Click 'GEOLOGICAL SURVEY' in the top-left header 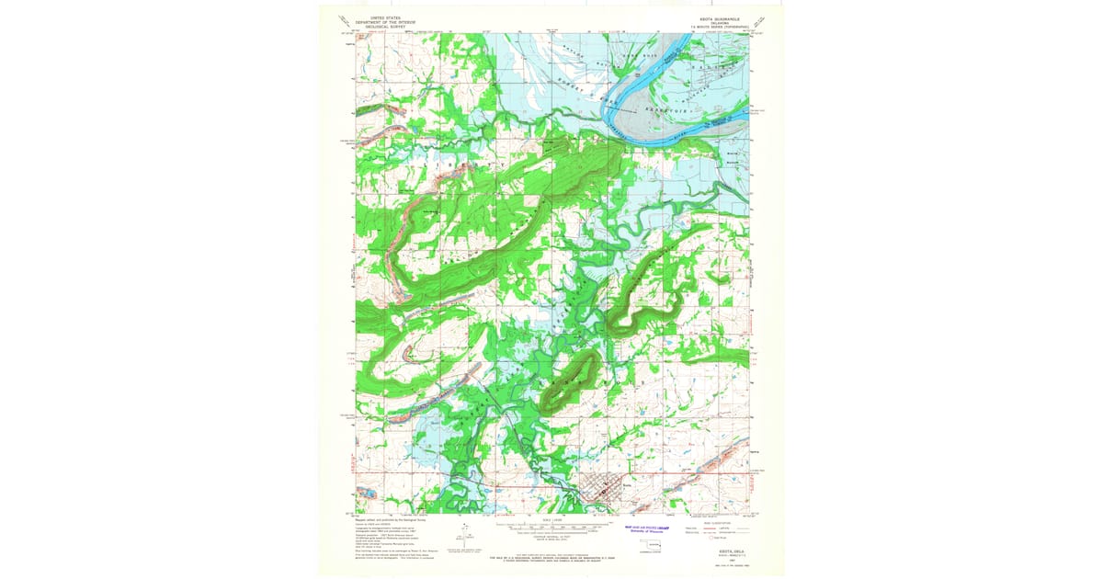coord(387,27)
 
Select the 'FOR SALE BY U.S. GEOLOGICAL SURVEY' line coord(551,558)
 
